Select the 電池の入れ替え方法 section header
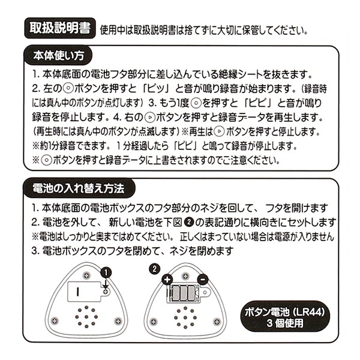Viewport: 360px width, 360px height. (x=77, y=188)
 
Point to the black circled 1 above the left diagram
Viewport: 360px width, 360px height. (x=107, y=272)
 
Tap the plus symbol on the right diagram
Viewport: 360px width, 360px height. (x=167, y=278)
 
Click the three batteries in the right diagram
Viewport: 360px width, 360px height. (x=184, y=293)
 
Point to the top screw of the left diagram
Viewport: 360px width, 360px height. (x=88, y=275)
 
